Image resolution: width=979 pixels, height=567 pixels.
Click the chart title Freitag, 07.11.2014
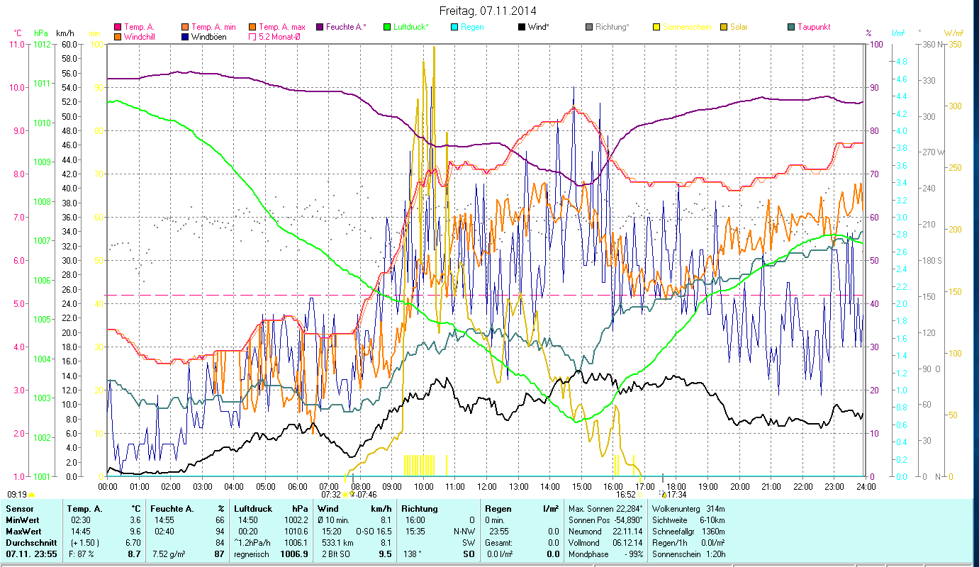point(488,11)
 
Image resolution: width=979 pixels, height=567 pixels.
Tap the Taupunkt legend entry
point(813,27)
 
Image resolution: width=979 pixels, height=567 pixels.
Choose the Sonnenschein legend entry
point(686,27)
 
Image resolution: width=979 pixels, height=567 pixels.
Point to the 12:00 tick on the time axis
point(487,487)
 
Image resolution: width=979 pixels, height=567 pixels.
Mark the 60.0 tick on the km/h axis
point(69,44)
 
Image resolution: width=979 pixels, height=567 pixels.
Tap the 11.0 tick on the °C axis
point(16,44)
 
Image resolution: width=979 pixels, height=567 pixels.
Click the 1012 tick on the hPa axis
point(42,44)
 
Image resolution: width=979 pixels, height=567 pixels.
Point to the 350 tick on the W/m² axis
point(953,44)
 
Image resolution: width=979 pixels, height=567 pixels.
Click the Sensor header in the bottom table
point(19,509)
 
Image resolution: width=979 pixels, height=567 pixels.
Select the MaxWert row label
point(23,531)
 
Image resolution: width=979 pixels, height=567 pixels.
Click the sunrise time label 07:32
point(331,494)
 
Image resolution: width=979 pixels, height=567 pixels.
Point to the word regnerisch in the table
point(252,554)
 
